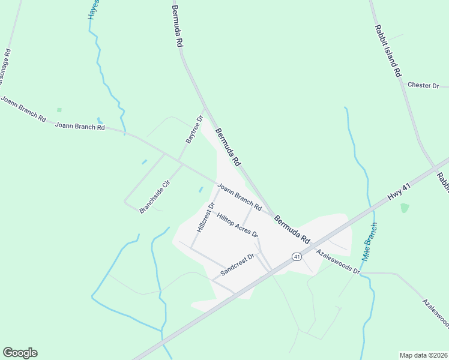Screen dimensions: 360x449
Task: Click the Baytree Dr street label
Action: [x=193, y=130]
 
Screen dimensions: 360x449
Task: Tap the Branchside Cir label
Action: [x=155, y=196]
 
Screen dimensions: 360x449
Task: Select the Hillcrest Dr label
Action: [x=205, y=218]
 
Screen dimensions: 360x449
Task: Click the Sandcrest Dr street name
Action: [x=238, y=264]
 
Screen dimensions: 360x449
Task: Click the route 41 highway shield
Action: [x=297, y=256]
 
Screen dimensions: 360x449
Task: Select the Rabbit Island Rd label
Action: [x=387, y=51]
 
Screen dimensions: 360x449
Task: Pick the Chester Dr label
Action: [x=423, y=85]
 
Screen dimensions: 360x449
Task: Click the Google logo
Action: [x=20, y=353]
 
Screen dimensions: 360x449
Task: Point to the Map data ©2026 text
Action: [x=423, y=355]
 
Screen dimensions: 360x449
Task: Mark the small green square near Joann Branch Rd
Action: [x=59, y=110]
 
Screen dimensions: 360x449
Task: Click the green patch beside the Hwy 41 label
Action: [x=405, y=208]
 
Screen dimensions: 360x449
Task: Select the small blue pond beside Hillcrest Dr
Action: [x=200, y=190]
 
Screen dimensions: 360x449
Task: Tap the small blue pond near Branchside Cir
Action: [x=144, y=161]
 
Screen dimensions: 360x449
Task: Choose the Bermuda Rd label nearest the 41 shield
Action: [x=292, y=229]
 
